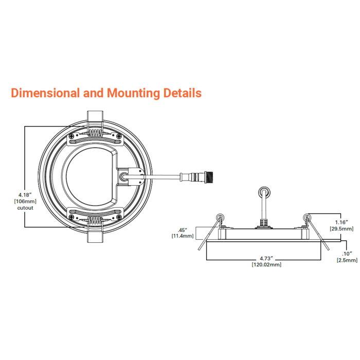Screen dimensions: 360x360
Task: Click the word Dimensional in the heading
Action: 45,93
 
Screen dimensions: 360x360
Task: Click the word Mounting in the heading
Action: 133,93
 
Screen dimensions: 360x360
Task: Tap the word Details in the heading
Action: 182,93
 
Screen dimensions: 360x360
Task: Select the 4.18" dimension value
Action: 25,195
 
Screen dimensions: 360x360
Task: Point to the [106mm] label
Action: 25,202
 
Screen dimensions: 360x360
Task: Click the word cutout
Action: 25,208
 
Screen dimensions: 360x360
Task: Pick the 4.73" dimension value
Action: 266,259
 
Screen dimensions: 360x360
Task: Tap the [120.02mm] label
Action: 266,265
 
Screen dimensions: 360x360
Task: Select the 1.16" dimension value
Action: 341,222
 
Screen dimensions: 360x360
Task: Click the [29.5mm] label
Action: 341,229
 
